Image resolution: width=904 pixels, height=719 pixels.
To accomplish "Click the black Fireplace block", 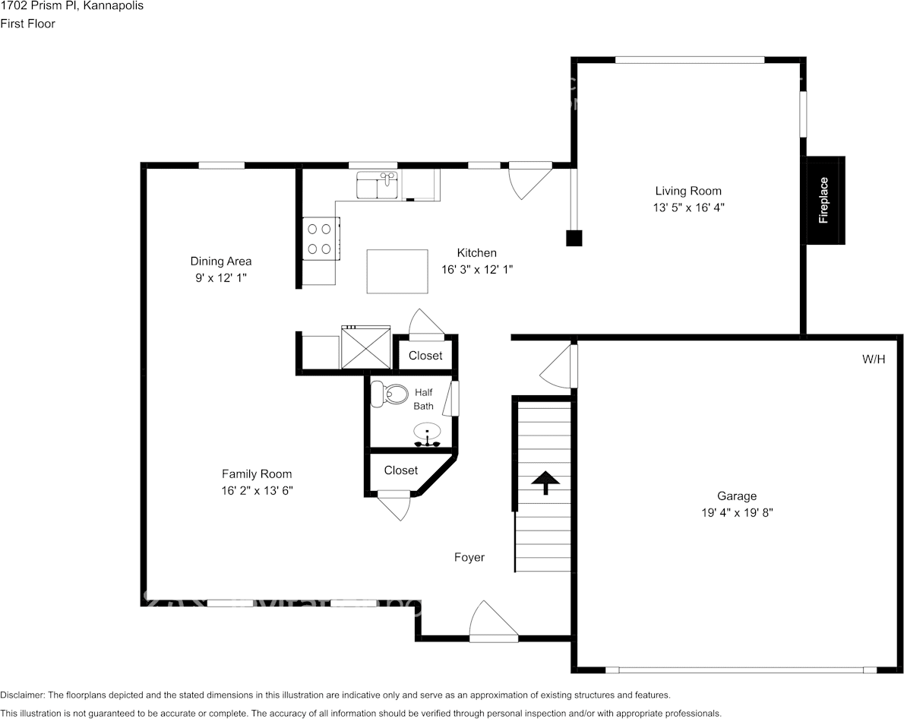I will pos(824,201).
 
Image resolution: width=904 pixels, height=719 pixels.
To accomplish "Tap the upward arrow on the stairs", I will pos(545,482).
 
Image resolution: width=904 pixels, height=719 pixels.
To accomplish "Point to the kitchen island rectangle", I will pos(397,271).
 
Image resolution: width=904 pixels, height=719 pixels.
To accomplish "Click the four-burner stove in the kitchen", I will pos(320,238).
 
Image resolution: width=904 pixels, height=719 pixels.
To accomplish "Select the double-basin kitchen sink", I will pos(378,185).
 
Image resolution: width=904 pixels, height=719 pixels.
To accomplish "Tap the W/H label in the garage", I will pos(873,359).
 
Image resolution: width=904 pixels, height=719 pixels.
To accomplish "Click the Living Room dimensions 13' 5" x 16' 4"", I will pos(688,207).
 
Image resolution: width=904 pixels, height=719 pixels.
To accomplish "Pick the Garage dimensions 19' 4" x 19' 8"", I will pos(737,513).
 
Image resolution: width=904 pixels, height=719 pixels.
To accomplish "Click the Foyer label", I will pos(469,557).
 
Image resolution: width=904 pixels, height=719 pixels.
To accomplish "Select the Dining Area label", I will pos(220,261).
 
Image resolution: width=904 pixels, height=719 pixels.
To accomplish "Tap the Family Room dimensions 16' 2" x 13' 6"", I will pos(257,491).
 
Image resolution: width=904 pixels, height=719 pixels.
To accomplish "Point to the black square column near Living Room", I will pos(574,238).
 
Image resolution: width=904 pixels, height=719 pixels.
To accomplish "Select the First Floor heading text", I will pos(28,24).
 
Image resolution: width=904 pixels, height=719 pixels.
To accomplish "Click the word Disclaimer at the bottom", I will pos(22,695).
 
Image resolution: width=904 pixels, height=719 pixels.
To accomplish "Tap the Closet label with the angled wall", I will pos(400,470).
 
